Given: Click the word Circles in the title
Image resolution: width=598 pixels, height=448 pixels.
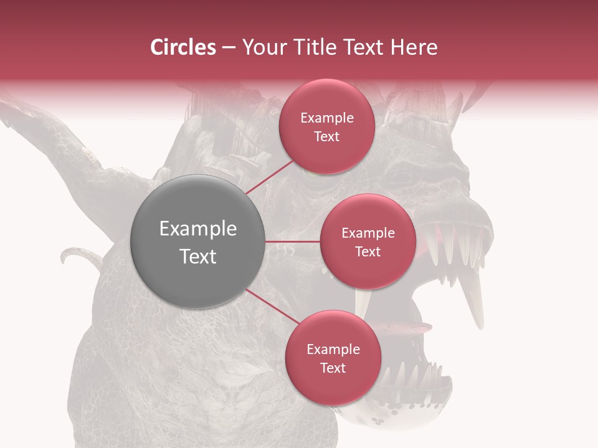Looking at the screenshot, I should click(183, 47).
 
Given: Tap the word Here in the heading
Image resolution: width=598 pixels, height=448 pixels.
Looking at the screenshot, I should click(414, 47).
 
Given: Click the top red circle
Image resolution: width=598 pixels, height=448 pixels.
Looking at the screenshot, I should click(327, 126).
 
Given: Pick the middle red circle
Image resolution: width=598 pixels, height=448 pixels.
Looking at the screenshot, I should click(368, 241).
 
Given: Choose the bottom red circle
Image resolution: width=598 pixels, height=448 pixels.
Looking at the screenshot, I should click(333, 358).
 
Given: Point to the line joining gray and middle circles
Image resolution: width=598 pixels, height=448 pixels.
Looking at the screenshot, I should click(293, 241).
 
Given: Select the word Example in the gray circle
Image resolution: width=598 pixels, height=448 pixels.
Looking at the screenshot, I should click(198, 229).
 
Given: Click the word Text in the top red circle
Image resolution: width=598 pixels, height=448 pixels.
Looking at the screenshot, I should click(327, 137).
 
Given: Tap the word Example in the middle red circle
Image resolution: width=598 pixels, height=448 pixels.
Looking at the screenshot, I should click(368, 233).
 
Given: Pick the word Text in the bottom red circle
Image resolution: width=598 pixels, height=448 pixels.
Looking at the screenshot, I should click(333, 368).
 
